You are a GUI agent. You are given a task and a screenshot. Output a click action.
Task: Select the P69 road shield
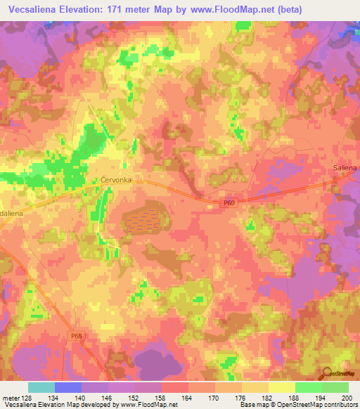pos(220,202)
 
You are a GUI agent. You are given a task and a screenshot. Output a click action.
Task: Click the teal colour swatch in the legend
pos(41,387)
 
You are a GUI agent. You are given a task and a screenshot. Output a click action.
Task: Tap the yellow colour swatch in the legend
pos(281,387)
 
